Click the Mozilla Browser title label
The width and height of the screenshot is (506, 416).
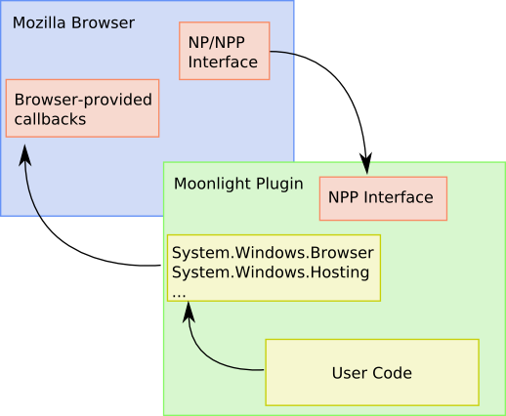[73, 23]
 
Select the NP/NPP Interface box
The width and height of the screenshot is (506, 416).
[225, 51]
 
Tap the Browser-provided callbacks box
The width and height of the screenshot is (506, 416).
[82, 108]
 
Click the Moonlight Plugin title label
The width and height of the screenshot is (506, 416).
[238, 184]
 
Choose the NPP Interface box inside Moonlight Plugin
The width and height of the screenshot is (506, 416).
[383, 198]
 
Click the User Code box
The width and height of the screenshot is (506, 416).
[372, 372]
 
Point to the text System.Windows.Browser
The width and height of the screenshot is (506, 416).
[273, 253]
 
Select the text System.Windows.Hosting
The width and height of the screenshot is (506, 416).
[271, 272]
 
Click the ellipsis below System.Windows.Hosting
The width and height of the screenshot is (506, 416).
[179, 296]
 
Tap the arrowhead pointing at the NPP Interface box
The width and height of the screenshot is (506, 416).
[366, 162]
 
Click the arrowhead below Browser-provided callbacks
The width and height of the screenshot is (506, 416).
[24, 155]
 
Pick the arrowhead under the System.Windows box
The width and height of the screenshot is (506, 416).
[189, 312]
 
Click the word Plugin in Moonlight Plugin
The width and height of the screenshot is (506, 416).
[279, 184]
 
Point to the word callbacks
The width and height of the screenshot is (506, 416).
[50, 119]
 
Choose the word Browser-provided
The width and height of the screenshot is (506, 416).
[83, 100]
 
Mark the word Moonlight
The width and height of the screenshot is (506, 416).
[213, 184]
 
